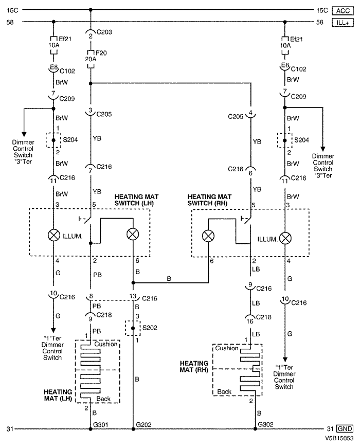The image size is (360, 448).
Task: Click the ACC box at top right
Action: pos(344,10)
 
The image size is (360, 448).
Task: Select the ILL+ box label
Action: pos(344,22)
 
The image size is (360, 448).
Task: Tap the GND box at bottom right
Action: pos(344,428)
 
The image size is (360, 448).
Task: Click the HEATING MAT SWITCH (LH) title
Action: pos(136,200)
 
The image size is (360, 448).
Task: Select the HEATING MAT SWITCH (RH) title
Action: pos(209,200)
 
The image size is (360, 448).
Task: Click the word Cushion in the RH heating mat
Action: pos(227,348)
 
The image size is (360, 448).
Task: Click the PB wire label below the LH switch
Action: pos(98,275)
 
